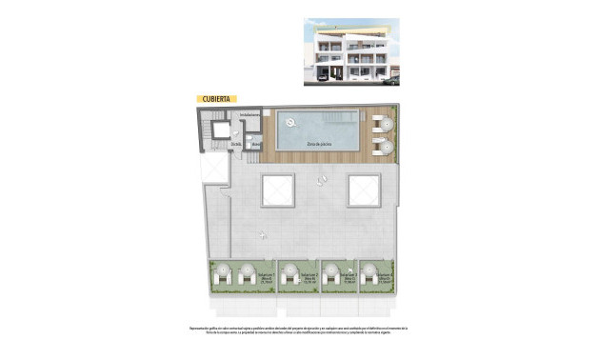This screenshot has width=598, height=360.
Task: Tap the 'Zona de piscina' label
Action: coord(318,143)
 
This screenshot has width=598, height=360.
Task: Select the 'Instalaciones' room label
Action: coord(249,115)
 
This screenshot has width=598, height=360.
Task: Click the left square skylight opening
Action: coord(281,191)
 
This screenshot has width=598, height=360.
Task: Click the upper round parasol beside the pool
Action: coord(380,122)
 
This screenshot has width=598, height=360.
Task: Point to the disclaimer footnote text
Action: coord(298,332)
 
